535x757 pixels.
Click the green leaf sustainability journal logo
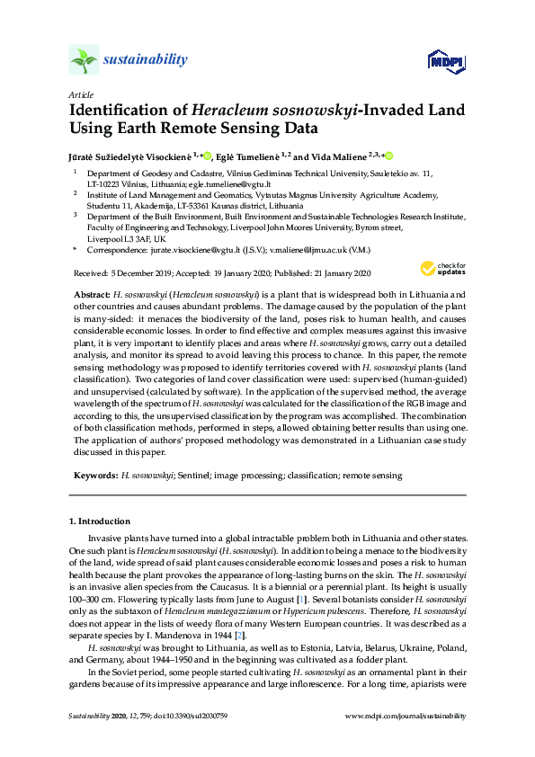(x=85, y=60)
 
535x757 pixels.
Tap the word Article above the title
(x=81, y=94)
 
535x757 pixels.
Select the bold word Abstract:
(x=93, y=295)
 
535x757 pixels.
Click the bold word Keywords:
(x=94, y=475)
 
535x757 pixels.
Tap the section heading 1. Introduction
(x=100, y=521)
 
